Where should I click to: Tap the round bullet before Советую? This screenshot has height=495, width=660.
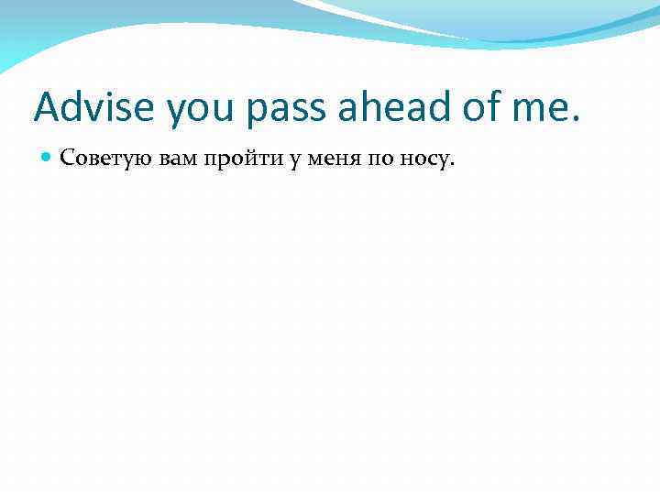(47, 159)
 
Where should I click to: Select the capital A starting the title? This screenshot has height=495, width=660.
(47, 107)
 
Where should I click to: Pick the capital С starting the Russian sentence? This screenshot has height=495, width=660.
(67, 159)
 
